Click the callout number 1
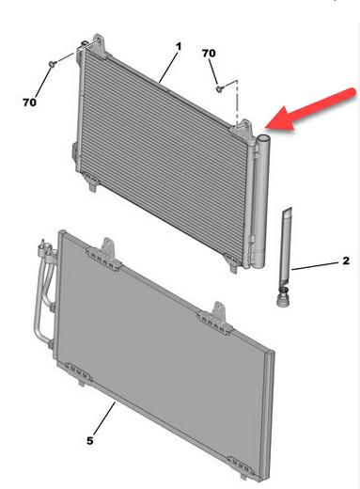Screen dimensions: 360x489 click(x=179, y=47)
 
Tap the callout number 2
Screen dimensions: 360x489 click(x=346, y=260)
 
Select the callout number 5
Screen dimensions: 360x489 click(x=90, y=441)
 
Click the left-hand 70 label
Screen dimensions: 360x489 click(x=29, y=103)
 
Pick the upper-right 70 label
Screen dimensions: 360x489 click(x=209, y=54)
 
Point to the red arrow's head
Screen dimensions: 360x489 click(x=280, y=120)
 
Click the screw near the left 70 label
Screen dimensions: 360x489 click(x=52, y=63)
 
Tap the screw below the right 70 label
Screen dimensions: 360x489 click(x=220, y=88)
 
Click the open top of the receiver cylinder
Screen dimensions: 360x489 click(x=263, y=138)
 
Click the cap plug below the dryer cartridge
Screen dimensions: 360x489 click(x=283, y=297)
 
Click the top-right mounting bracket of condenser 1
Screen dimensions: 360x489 click(x=244, y=129)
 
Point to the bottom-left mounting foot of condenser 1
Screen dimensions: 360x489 click(x=93, y=182)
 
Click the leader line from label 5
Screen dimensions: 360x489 click(x=104, y=418)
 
